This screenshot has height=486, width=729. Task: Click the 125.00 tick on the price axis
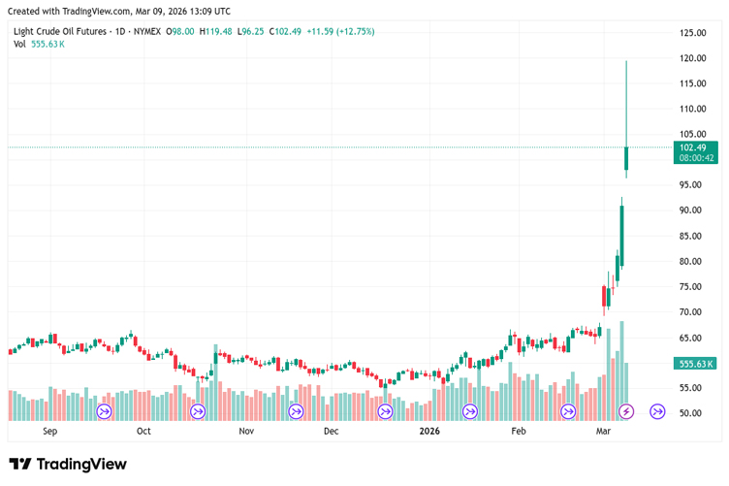point(692,33)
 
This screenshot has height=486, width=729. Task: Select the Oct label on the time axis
point(143,431)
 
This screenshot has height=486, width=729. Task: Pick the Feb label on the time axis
point(519,431)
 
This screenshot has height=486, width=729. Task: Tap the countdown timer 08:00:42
point(696,158)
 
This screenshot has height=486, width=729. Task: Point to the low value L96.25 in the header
point(252,31)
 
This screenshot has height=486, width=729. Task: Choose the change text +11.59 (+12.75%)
point(340,31)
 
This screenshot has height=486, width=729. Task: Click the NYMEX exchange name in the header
point(147,31)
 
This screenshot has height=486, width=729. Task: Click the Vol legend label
point(19,44)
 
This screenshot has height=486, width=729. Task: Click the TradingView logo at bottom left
point(68,464)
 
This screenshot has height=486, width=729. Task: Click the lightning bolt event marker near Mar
point(625,411)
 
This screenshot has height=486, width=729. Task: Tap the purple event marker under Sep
point(105,411)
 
